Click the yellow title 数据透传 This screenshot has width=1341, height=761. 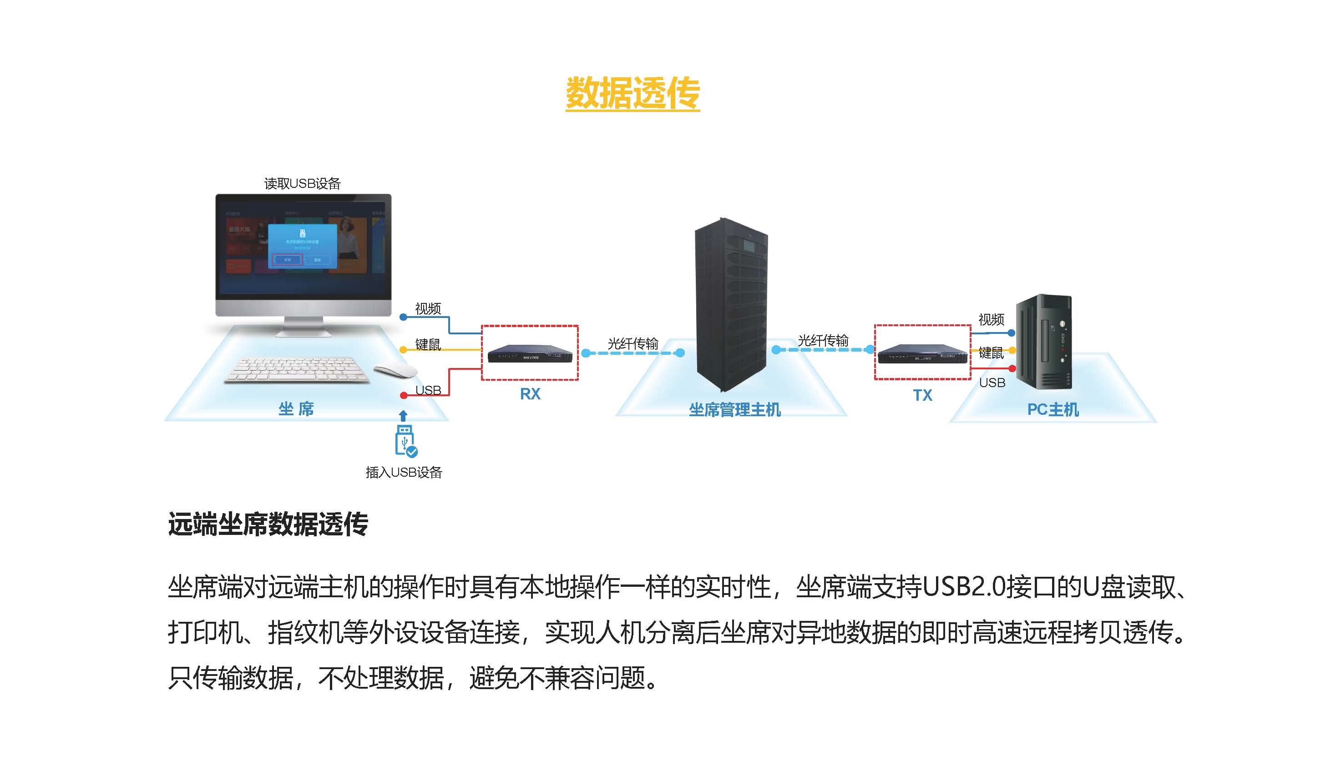click(632, 93)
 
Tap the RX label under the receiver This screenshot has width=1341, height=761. click(530, 394)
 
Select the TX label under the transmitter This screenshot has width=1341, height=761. click(922, 395)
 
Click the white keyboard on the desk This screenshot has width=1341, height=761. click(296, 369)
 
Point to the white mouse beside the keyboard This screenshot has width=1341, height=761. click(395, 371)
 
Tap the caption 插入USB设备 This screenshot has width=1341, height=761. click(404, 473)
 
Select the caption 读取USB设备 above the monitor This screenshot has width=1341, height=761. click(302, 183)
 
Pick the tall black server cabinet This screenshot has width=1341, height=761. click(731, 303)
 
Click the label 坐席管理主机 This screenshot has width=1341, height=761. click(734, 410)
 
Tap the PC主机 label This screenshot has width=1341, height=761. click(1053, 409)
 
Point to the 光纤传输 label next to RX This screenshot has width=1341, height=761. click(633, 343)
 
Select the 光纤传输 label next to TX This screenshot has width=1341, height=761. click(823, 341)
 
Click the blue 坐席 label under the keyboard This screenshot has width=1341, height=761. click(296, 409)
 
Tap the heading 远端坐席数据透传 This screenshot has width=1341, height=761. click(268, 524)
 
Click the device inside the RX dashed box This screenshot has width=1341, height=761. click(530, 354)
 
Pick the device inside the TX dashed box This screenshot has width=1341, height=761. click(922, 354)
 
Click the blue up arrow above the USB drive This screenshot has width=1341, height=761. click(403, 415)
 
